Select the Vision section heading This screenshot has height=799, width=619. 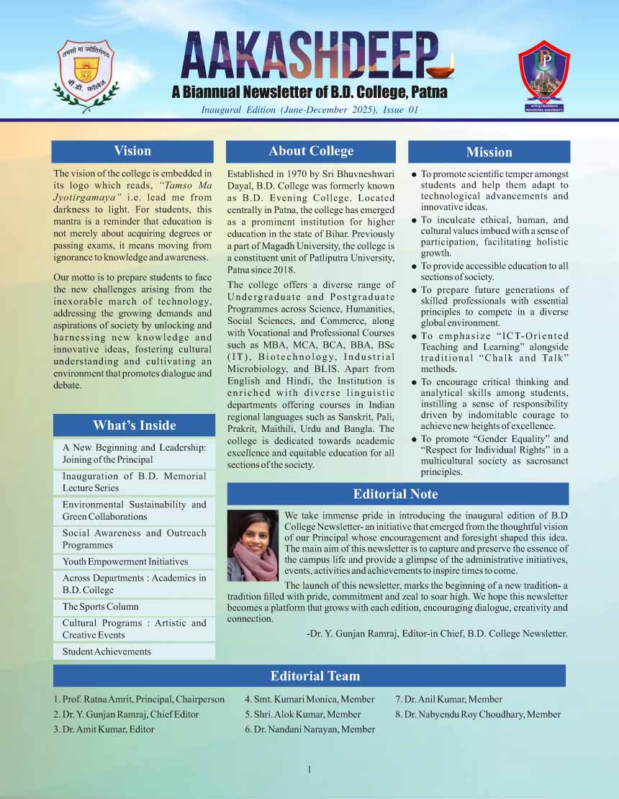132,151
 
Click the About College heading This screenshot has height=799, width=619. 311,151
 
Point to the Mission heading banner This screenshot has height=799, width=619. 489,152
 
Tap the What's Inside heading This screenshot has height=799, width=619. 134,425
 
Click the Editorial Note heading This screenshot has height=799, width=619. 395,494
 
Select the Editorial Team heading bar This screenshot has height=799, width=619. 315,676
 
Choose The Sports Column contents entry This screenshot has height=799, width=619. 101,607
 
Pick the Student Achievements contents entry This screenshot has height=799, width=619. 107,651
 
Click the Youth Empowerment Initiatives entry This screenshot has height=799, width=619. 125,561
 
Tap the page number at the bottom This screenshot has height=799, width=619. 309,770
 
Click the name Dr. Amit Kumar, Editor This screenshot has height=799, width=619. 104,729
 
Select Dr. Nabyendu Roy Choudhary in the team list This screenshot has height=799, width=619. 478,714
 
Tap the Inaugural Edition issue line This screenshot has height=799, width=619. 309,110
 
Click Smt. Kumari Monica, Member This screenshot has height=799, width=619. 309,699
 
